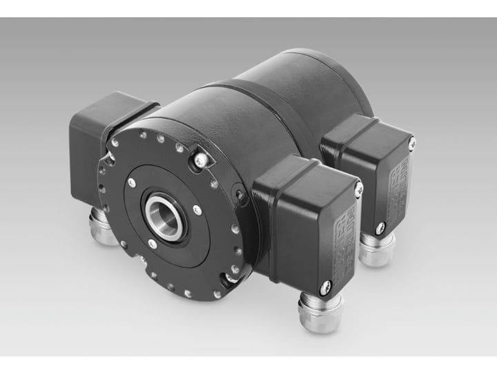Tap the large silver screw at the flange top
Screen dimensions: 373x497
click(x=200, y=160)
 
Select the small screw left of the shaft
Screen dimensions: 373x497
click(x=132, y=182)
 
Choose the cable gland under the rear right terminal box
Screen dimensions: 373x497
click(x=377, y=248)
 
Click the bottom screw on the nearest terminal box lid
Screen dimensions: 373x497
click(x=325, y=284)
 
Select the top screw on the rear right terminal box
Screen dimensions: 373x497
click(x=411, y=143)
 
